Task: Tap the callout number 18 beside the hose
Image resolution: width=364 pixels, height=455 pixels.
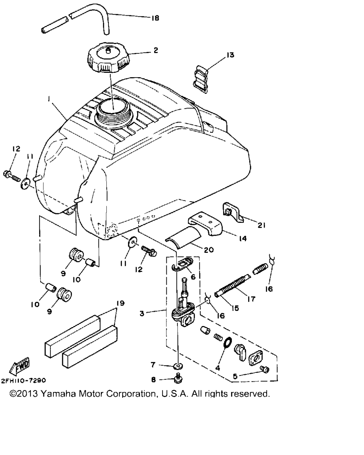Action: (155, 18)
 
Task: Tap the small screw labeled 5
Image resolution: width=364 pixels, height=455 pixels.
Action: (264, 369)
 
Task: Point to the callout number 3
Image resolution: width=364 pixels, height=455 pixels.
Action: (142, 314)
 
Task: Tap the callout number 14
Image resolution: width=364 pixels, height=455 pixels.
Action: (243, 239)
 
